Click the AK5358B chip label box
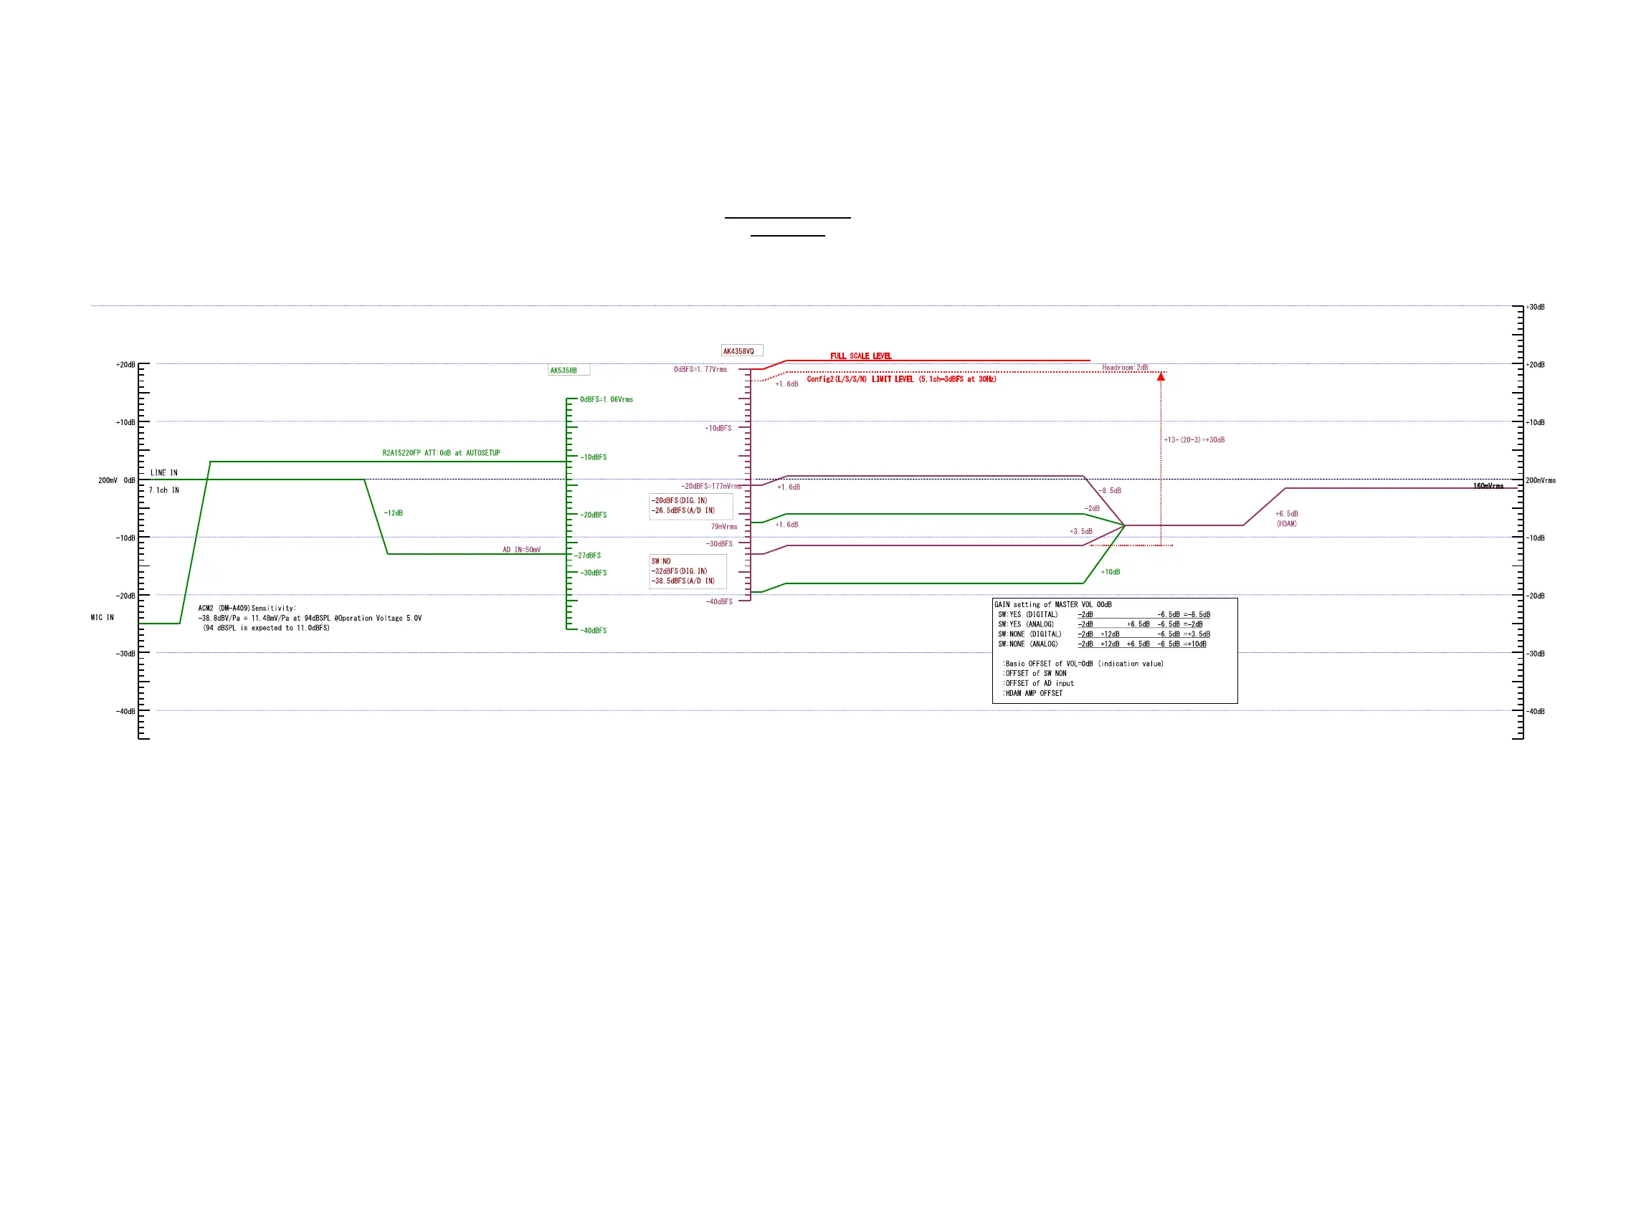[x=568, y=371]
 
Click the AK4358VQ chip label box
[x=741, y=350]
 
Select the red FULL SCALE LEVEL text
[x=860, y=356]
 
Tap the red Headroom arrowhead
[x=1160, y=376]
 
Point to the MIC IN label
[x=103, y=617]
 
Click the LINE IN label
[x=163, y=473]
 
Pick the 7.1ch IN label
[x=163, y=490]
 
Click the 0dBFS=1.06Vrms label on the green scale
[x=606, y=400]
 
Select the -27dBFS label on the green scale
[x=587, y=555]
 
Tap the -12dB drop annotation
[x=393, y=513]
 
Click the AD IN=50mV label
[x=521, y=550]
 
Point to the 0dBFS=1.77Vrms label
[x=700, y=370]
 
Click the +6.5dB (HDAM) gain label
[x=1286, y=518]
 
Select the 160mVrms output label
[x=1488, y=486]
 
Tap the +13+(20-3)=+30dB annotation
[x=1194, y=440]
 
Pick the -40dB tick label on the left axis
[x=125, y=711]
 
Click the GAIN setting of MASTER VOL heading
[x=1052, y=604]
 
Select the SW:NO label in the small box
[x=660, y=561]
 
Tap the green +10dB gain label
[x=1110, y=572]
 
